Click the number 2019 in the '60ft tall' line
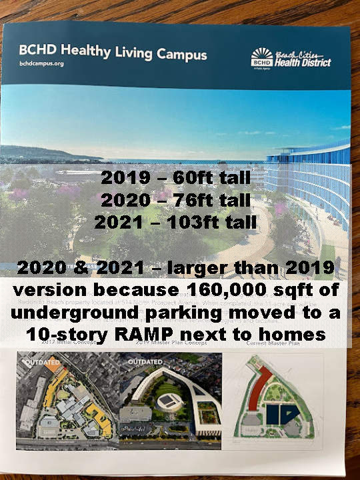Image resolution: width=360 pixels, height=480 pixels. point(127,178)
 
